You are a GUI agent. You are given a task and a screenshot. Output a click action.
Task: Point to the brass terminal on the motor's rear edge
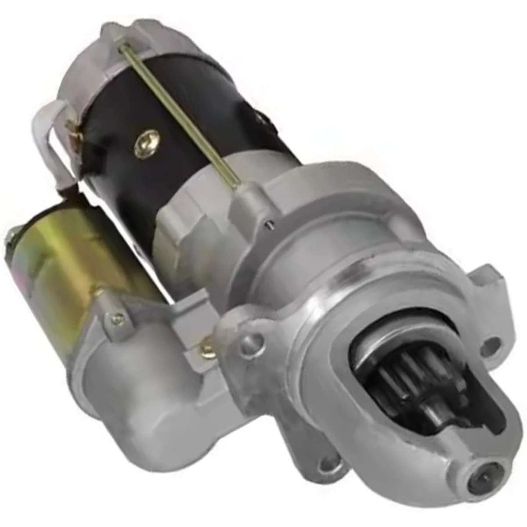72,127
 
